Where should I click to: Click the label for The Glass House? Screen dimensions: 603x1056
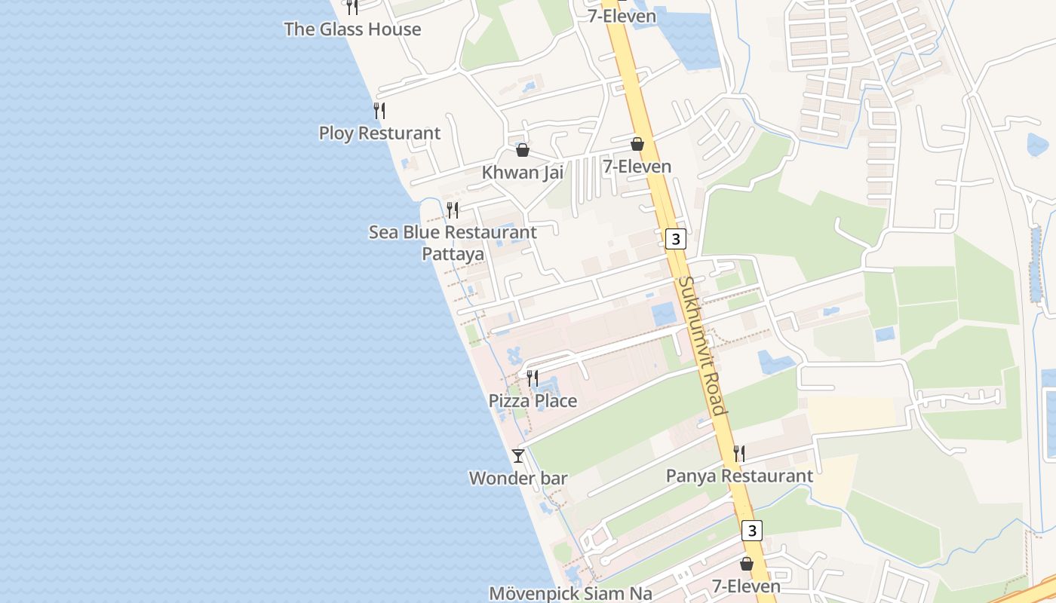click(352, 29)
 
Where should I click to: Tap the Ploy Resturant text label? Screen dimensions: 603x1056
click(379, 133)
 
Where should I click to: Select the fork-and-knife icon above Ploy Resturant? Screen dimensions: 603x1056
click(379, 111)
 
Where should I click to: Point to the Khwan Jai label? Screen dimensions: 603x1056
click(523, 173)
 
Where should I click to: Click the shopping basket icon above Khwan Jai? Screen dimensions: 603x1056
click(523, 150)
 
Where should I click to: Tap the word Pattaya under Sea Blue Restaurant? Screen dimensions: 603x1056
click(453, 254)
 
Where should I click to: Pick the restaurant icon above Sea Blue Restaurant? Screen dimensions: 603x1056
click(453, 210)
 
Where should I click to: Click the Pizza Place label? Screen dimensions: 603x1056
click(533, 401)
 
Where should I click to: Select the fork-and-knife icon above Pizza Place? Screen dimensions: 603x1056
click(533, 378)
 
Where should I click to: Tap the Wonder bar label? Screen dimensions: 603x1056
click(518, 479)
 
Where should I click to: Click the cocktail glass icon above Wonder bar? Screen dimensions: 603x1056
click(518, 456)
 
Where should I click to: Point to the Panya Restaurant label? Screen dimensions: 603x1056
click(739, 476)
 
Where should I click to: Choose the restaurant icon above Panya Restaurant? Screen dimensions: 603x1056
click(739, 453)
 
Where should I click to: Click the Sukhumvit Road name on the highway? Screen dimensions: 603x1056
click(702, 345)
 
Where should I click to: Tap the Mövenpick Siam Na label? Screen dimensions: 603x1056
click(570, 593)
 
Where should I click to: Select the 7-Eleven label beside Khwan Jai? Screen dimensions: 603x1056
click(637, 167)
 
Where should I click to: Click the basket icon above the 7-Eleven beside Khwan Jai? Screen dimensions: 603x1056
click(637, 144)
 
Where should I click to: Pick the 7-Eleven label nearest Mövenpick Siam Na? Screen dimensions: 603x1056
click(746, 586)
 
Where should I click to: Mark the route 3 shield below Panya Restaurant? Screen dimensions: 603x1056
click(751, 531)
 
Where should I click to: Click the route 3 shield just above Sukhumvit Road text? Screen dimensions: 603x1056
click(676, 240)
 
